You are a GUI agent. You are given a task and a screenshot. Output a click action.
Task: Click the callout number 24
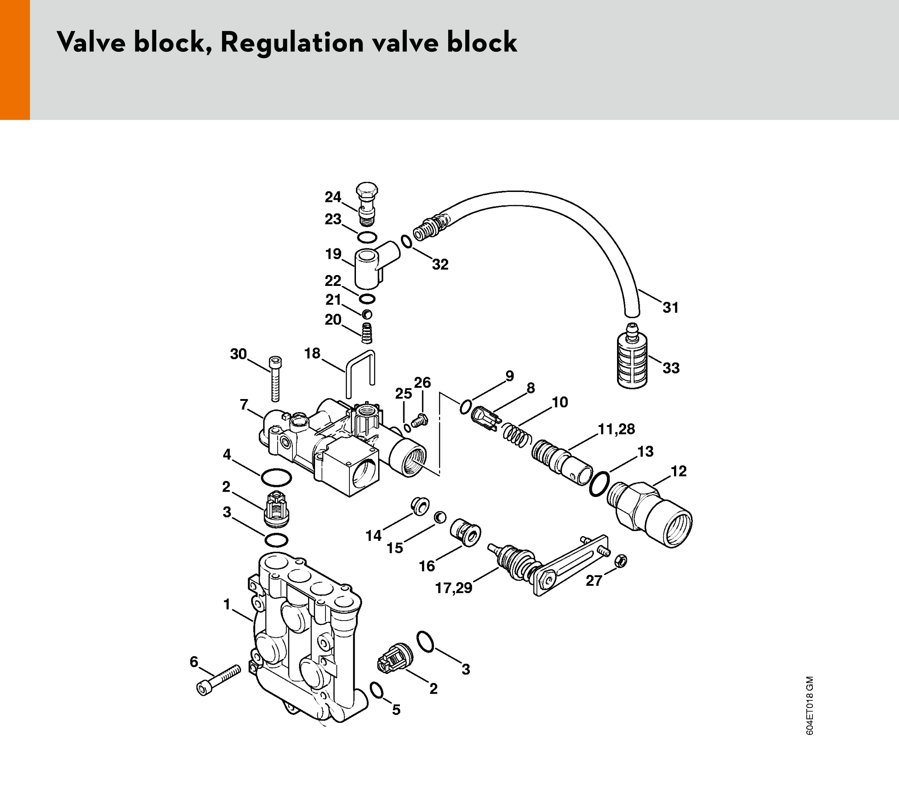point(333,197)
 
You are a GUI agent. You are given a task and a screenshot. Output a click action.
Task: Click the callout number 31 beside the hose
point(671,308)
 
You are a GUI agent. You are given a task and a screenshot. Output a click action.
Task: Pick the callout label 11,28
point(616,429)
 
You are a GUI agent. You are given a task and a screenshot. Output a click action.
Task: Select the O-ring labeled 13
point(599,484)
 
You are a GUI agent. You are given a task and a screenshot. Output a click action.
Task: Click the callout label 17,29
point(453,588)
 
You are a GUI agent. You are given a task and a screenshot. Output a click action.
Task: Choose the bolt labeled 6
point(218,681)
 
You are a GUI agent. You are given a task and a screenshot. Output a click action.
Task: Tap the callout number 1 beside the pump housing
point(227,605)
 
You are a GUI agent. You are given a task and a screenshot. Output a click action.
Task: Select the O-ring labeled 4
point(276,477)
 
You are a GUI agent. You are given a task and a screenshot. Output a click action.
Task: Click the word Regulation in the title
point(292,43)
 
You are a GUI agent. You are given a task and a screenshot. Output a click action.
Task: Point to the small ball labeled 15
point(440,517)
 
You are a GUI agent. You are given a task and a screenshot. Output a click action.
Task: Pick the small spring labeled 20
point(367,333)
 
